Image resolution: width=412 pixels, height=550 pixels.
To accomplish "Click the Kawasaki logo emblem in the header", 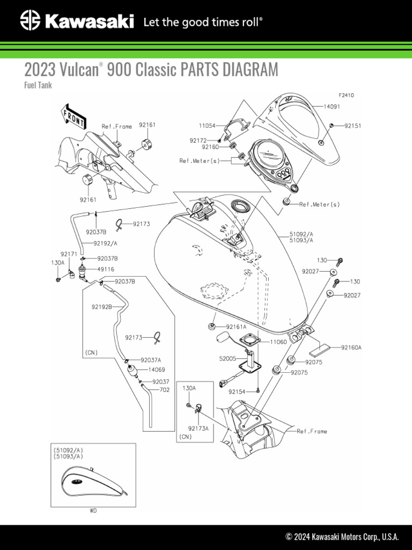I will pos(30,22).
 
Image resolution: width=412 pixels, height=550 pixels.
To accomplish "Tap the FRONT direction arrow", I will pos(72,117).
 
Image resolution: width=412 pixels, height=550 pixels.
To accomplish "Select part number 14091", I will pos(333,107).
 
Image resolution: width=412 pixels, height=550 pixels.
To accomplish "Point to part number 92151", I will pos(352,126).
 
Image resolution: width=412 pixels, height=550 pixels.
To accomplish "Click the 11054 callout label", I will pos(207,126).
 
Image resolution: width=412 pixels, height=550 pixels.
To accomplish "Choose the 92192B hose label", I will pos(101,307).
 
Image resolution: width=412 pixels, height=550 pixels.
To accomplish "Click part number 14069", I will pos(156,370).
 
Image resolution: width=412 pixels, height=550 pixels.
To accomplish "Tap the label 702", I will pos(165,390).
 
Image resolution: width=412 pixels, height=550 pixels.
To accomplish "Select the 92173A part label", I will pos(198,429).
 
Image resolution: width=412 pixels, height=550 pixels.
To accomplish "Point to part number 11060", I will pos(278,341).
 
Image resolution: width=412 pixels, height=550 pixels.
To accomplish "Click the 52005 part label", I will pos(227,358).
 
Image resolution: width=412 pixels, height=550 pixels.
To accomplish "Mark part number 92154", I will pos(237,392).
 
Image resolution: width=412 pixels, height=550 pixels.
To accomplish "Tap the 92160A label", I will pos(351,348).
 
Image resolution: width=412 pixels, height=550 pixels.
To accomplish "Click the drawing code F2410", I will pos(346,95).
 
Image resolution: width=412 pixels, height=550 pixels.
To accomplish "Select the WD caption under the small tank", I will pos(93,511).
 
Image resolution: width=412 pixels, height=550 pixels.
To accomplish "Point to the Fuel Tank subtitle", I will pos(38,85).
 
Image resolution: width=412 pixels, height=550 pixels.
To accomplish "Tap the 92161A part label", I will pos(236,327).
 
